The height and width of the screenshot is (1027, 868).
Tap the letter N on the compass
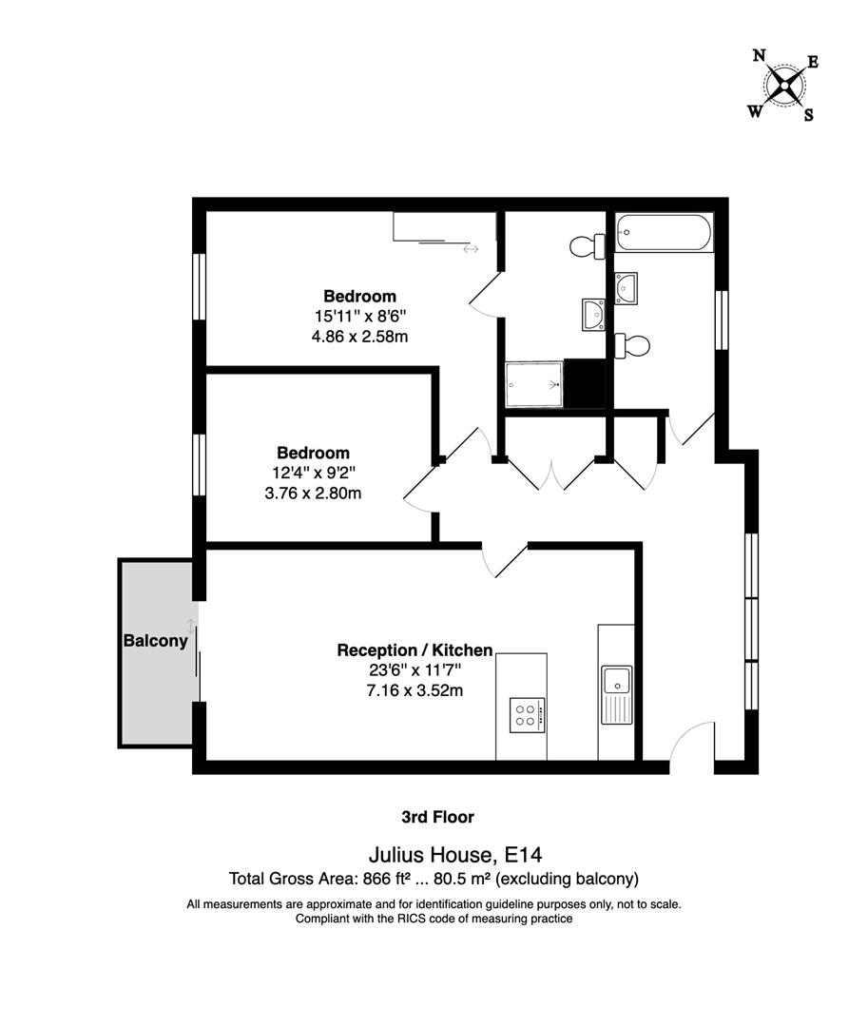759,56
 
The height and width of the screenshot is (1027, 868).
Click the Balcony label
155,641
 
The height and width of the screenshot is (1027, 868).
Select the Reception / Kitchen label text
415,650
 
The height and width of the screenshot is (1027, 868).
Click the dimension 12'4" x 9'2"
313,473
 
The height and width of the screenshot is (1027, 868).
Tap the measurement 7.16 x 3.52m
415,690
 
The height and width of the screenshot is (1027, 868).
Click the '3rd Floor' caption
437,817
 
